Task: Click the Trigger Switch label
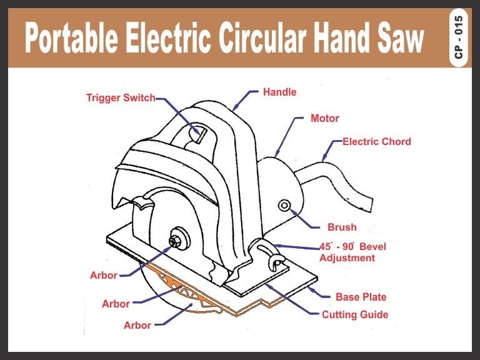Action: coord(121,98)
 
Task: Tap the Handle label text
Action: coord(279,92)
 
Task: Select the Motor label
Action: coord(325,118)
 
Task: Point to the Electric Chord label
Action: coord(377,142)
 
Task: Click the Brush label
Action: coord(342,227)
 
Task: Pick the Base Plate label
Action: coord(361,297)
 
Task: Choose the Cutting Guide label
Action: coord(355,314)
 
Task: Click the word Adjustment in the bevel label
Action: coord(347,257)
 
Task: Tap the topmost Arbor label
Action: coord(104,276)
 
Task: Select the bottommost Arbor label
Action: coord(137,325)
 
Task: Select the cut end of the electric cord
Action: coord(366,205)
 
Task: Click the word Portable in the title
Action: coord(69,41)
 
